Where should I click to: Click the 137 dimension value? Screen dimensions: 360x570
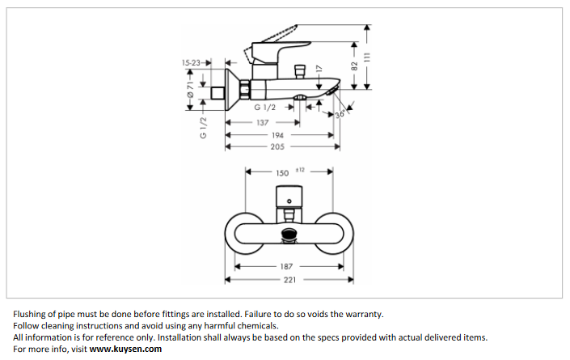[263, 122]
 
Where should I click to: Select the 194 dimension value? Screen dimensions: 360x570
[277, 135]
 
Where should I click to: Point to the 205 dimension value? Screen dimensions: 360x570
[277, 146]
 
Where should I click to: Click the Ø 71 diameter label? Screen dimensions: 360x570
[190, 91]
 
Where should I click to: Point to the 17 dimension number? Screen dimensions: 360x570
[319, 70]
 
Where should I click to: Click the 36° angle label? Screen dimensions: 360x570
[340, 114]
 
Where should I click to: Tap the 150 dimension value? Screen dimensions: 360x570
[282, 172]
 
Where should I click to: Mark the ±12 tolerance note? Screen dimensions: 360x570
[299, 169]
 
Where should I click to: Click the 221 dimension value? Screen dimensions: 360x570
[289, 280]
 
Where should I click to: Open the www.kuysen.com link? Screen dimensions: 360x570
[125, 349]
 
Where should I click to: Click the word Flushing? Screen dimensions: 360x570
[32, 314]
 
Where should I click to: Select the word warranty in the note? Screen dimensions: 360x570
[361, 314]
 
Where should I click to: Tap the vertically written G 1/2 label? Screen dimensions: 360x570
[203, 127]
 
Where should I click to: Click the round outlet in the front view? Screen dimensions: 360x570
[289, 236]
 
